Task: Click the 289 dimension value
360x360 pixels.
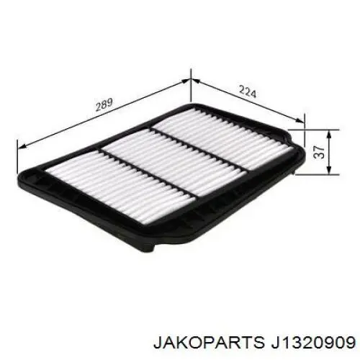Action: (x=104, y=105)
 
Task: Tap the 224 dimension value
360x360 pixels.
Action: (x=248, y=91)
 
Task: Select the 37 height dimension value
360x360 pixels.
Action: (x=319, y=152)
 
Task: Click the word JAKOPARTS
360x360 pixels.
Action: (x=207, y=342)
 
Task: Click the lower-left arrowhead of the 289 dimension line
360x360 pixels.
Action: (x=22, y=146)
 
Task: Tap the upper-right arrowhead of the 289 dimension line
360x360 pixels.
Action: (x=185, y=81)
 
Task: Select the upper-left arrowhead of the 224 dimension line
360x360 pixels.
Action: (x=195, y=82)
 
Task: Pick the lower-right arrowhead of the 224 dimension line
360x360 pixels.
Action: (x=300, y=120)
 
